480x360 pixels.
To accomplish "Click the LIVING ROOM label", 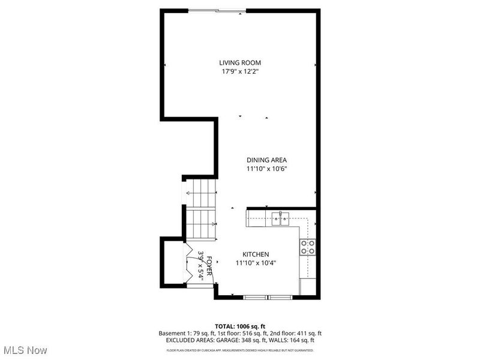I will coord(240,62).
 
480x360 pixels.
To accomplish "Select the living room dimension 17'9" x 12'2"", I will coord(240,71).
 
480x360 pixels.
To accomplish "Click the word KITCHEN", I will coord(256,254).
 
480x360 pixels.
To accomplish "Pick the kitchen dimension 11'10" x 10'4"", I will coord(256,263).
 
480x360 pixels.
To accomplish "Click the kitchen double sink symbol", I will coord(280,218).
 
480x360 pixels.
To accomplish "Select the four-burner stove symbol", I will coord(308,247).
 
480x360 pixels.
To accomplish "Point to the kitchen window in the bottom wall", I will coord(268,296).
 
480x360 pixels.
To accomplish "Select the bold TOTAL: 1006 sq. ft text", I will coord(239,325).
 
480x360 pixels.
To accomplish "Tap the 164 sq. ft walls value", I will coord(298,340).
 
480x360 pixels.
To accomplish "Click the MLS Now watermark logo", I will coord(25,349).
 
